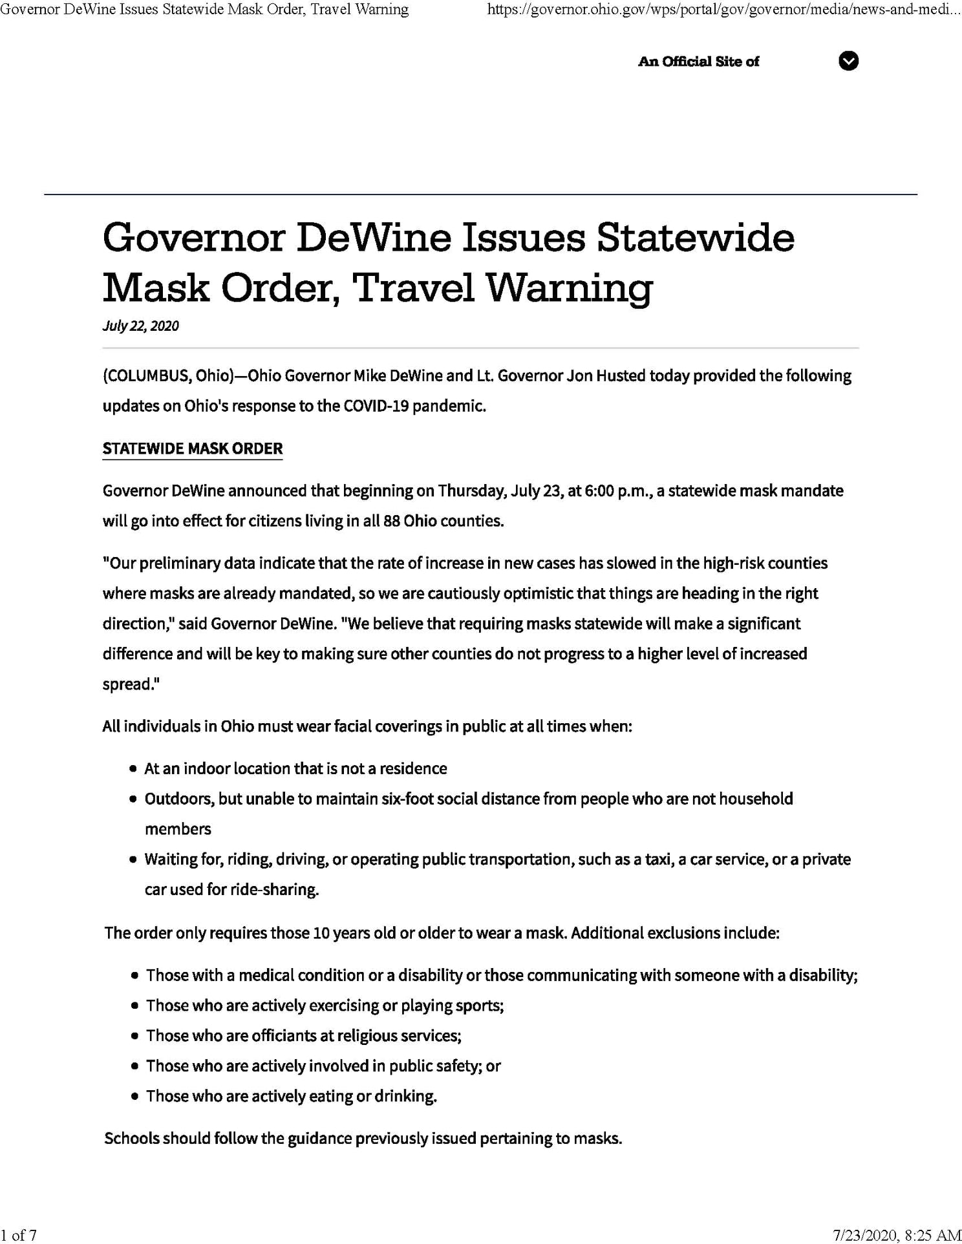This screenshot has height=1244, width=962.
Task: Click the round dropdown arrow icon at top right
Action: click(x=848, y=61)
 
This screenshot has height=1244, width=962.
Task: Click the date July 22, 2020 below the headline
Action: click(x=140, y=326)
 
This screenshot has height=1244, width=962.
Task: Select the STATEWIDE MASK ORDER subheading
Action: click(x=193, y=448)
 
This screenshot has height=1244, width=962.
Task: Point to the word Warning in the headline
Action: click(x=568, y=288)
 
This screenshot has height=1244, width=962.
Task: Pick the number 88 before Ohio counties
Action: click(x=391, y=521)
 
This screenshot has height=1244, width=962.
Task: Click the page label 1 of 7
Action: click(x=19, y=1235)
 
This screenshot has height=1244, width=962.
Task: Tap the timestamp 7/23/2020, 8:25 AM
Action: click(x=897, y=1235)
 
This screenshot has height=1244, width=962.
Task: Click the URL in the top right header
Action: click(x=723, y=9)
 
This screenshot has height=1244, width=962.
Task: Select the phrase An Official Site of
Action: click(x=698, y=61)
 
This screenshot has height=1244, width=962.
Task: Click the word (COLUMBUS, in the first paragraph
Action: click(x=146, y=376)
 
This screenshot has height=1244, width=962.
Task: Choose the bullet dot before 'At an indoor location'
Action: click(x=133, y=769)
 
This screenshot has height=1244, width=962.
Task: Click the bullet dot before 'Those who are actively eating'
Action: click(x=134, y=1097)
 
